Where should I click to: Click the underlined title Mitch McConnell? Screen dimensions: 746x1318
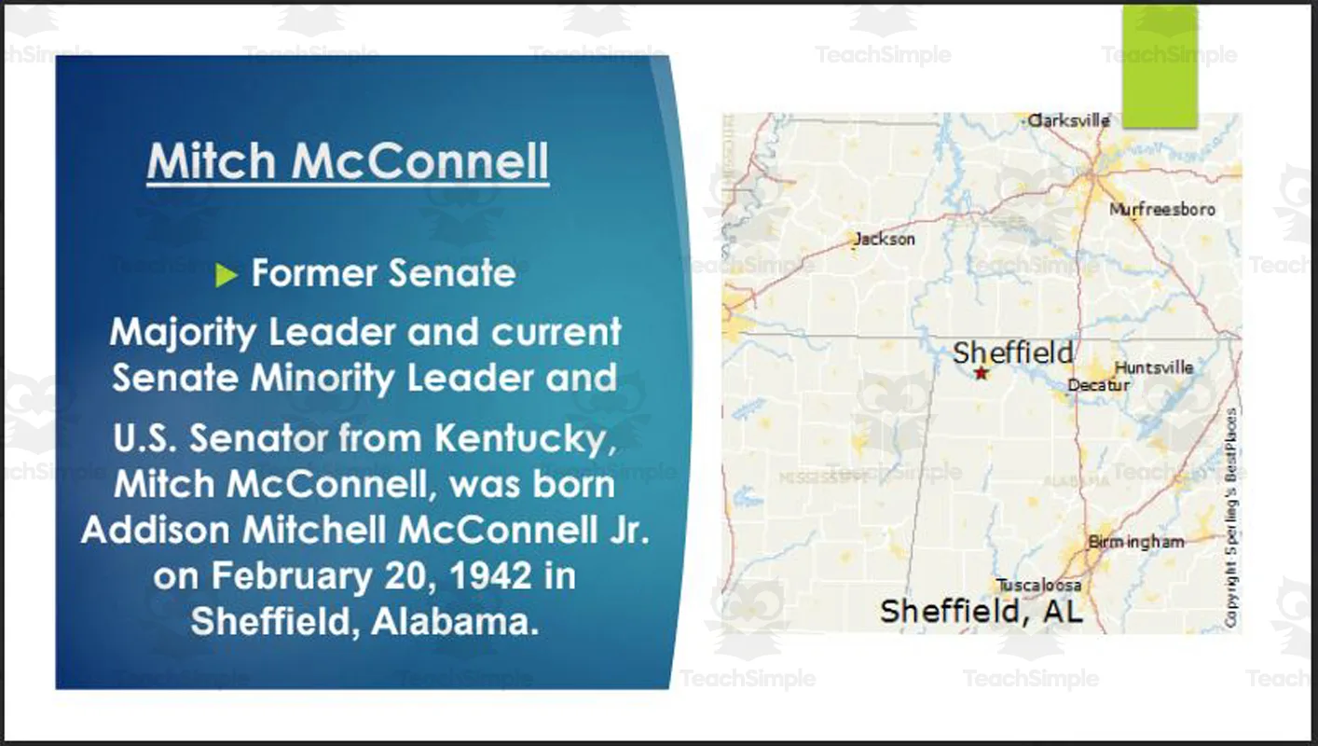(348, 161)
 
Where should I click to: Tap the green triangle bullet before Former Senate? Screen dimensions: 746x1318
(227, 275)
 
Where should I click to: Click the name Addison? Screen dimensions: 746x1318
(155, 530)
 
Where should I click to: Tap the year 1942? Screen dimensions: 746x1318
(501, 575)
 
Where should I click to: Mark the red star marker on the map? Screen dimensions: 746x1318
(981, 373)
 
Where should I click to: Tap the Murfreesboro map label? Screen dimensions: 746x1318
(1161, 210)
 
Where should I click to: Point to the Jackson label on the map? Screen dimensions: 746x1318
(885, 240)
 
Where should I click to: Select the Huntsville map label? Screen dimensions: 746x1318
(1154, 367)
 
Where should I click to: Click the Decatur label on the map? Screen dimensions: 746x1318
(1099, 385)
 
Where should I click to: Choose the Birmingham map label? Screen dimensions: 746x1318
(1136, 542)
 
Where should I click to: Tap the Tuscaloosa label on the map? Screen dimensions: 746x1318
(1039, 585)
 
